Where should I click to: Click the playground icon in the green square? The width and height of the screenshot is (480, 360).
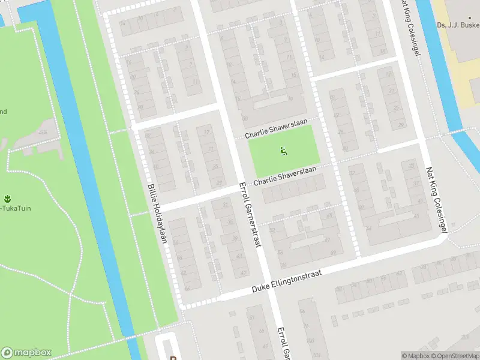tap(283, 151)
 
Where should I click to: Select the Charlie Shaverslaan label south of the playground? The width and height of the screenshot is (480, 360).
tap(284, 176)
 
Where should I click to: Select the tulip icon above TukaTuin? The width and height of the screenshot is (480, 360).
tap(8, 199)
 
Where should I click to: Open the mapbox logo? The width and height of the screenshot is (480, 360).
tap(26, 353)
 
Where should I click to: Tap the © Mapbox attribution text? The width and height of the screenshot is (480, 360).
tap(416, 356)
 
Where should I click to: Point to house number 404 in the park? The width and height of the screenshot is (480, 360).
tap(42, 131)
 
